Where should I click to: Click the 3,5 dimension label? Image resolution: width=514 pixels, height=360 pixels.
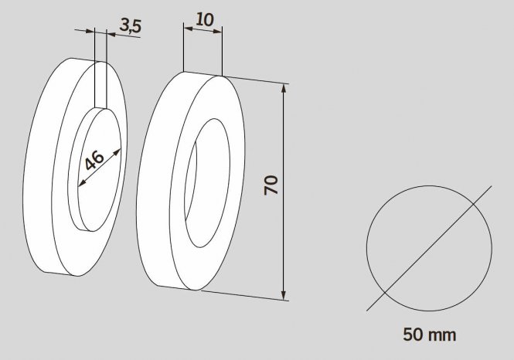[131, 25]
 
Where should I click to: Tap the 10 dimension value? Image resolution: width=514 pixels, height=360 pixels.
[205, 19]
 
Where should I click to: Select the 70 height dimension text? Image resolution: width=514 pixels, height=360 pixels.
[271, 185]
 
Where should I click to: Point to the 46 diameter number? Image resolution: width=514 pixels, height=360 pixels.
[94, 161]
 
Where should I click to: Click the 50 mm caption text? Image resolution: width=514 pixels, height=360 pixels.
[429, 335]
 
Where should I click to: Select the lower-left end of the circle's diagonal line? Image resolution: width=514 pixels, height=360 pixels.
[367, 309]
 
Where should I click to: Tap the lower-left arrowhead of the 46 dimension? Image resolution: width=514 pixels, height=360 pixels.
[80, 184]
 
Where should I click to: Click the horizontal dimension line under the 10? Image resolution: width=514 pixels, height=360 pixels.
[203, 32]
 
